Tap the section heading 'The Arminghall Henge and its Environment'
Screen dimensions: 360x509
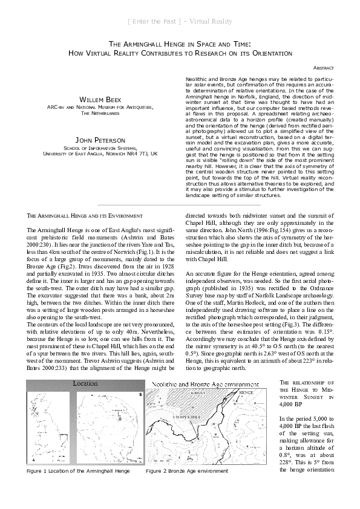click(85, 217)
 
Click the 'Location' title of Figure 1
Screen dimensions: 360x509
click(86, 383)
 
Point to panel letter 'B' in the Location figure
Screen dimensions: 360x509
click(140, 394)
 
